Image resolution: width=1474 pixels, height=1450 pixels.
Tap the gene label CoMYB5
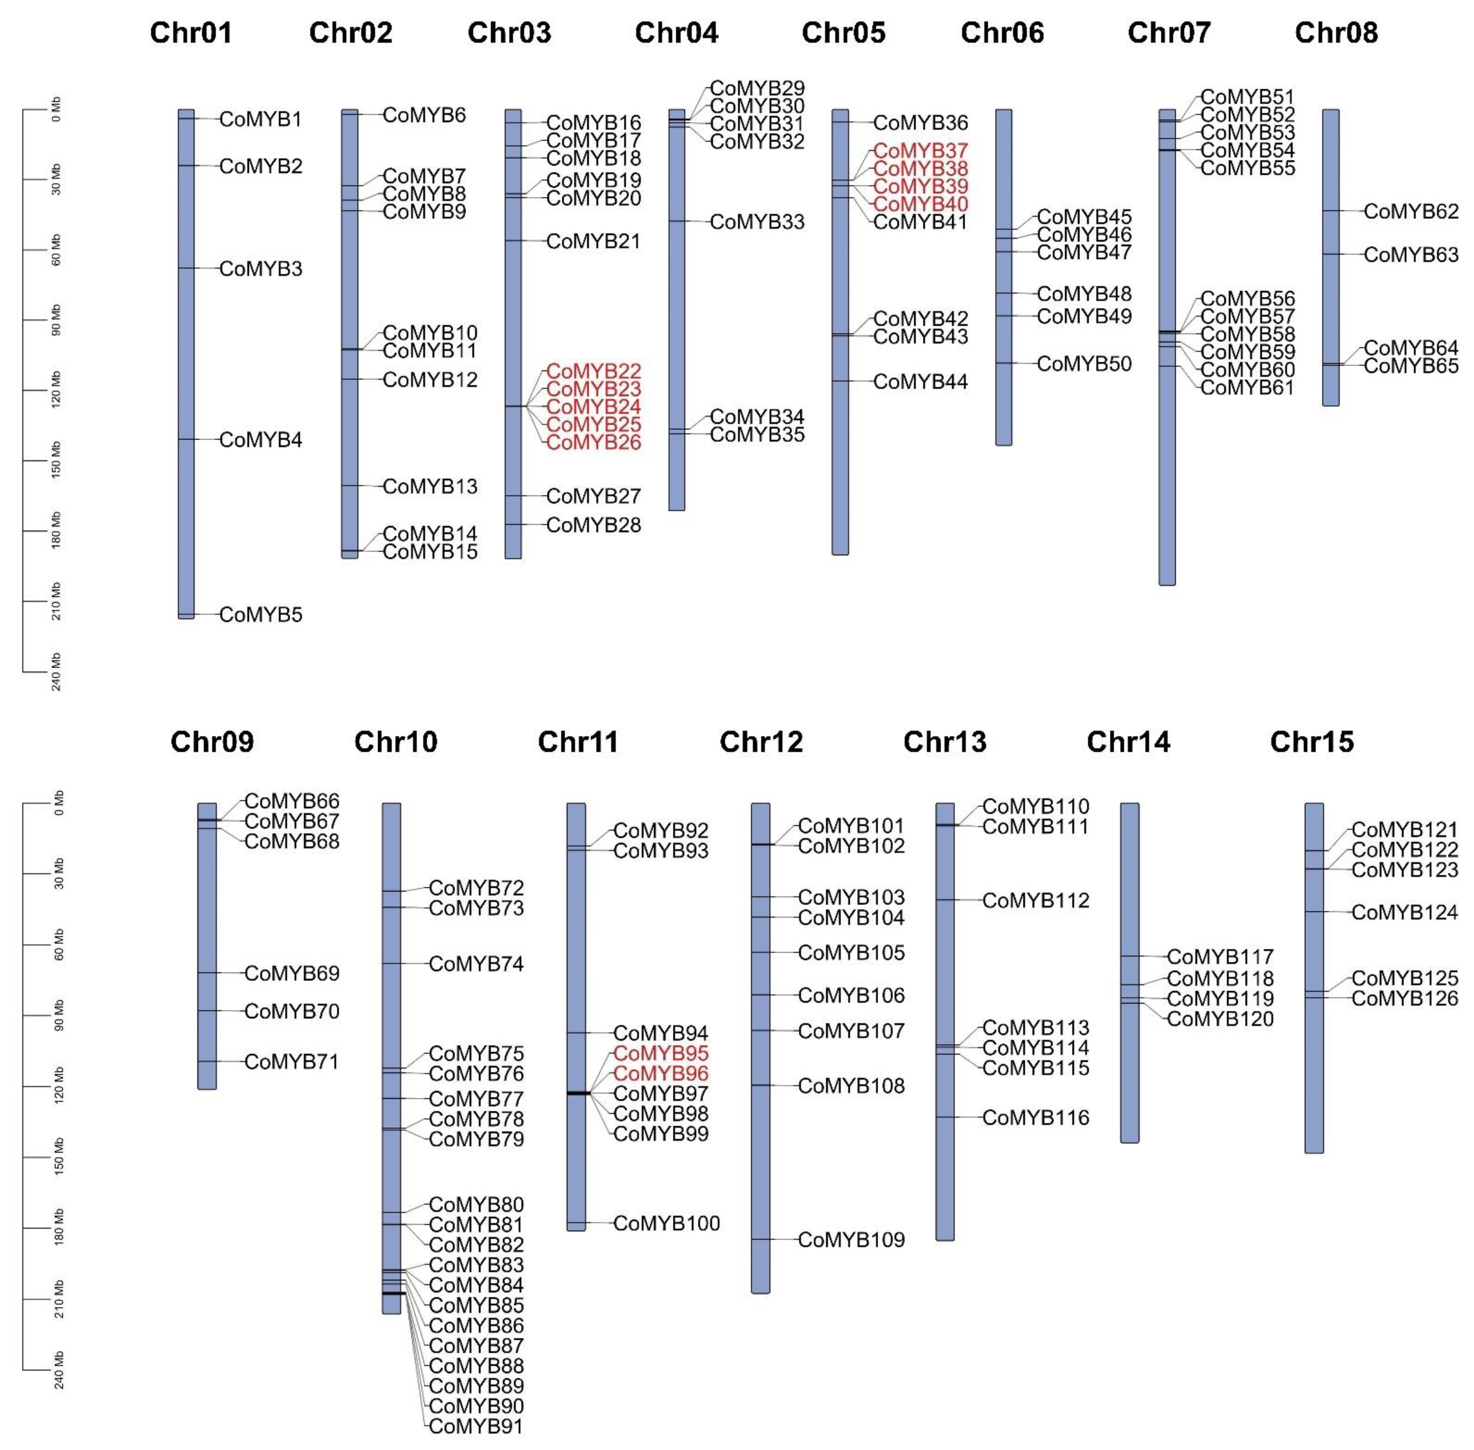pyautogui.click(x=260, y=615)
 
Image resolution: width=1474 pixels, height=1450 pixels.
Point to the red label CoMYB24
pyautogui.click(x=593, y=407)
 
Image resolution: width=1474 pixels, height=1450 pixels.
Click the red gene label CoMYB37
pyautogui.click(x=920, y=151)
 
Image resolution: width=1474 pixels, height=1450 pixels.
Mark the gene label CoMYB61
pyautogui.click(x=1247, y=388)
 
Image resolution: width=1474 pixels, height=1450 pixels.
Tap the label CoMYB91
pyautogui.click(x=476, y=1426)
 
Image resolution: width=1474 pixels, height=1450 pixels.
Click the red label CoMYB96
pyautogui.click(x=660, y=1074)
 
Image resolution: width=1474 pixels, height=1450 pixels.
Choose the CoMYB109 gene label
pyautogui.click(x=851, y=1240)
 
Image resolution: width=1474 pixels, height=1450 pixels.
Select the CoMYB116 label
pyautogui.click(x=1035, y=1118)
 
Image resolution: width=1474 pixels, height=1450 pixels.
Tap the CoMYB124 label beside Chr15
pyautogui.click(x=1404, y=912)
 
